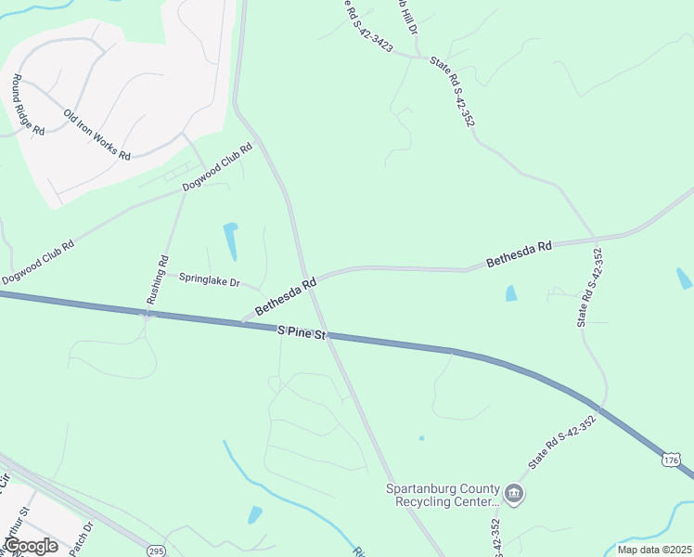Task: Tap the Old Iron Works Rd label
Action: pyautogui.click(x=96, y=135)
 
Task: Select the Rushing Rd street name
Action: pyautogui.click(x=156, y=280)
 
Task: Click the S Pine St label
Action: pyautogui.click(x=302, y=332)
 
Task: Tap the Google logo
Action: pyautogui.click(x=31, y=546)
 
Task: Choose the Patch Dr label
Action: pyautogui.click(x=88, y=536)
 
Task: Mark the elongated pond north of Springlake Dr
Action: pyautogui.click(x=230, y=241)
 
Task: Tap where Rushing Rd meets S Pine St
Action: pyautogui.click(x=146, y=315)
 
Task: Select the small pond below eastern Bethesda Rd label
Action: pyautogui.click(x=510, y=293)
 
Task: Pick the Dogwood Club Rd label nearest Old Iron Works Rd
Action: pyautogui.click(x=217, y=167)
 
